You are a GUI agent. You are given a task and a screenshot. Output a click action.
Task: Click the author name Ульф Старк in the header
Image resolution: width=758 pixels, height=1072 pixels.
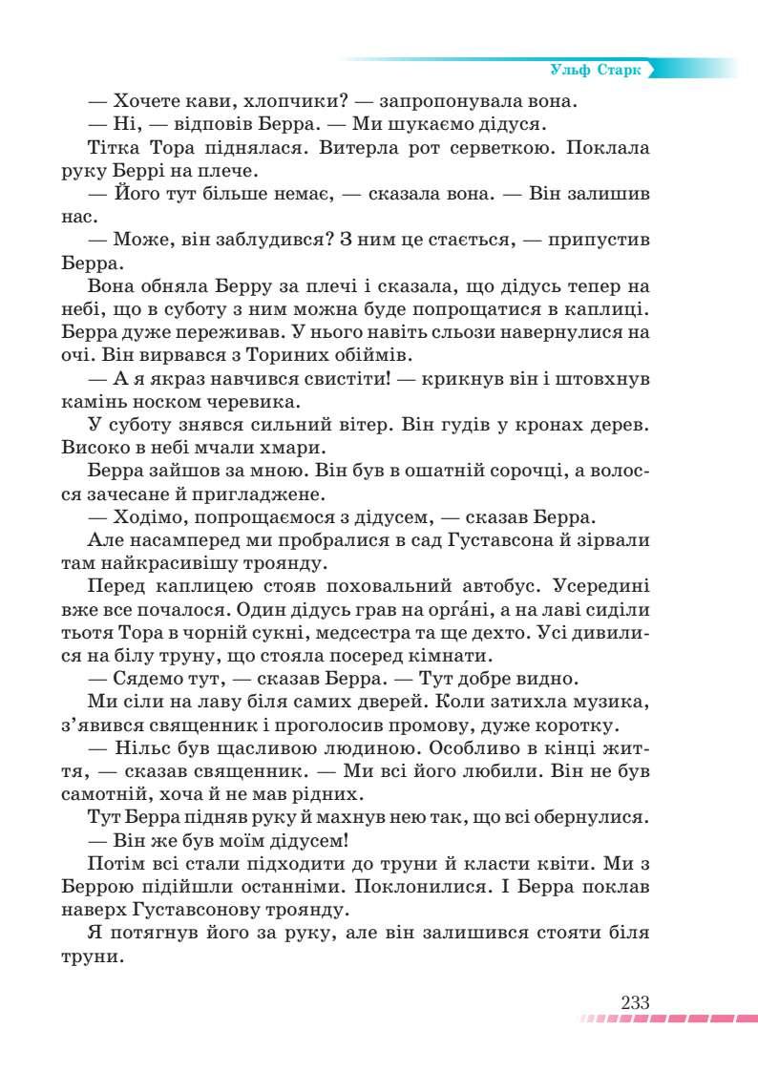(x=596, y=71)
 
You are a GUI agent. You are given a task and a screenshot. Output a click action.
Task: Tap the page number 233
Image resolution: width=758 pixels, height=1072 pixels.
(x=635, y=1002)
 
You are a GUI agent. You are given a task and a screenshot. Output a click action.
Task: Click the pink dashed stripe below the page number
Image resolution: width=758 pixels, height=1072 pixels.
(x=668, y=1019)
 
